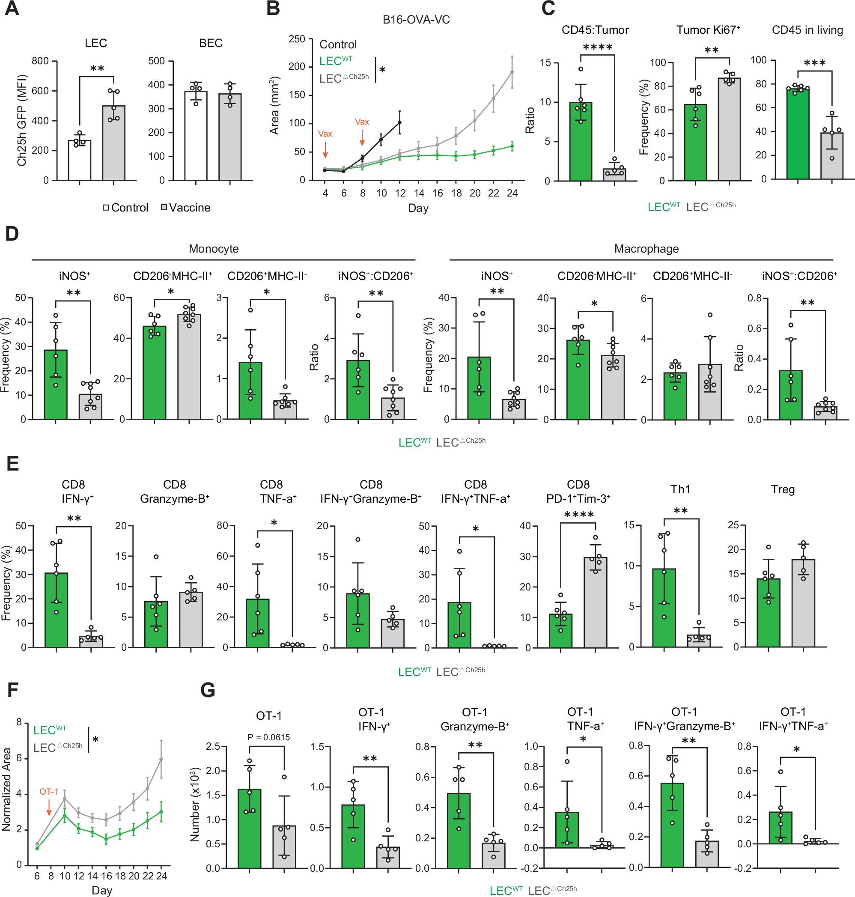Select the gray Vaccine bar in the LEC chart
(x=113, y=143)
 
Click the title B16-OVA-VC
(x=416, y=20)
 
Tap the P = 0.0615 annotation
(x=268, y=737)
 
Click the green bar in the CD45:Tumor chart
(x=580, y=142)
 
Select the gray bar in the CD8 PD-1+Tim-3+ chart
(x=595, y=602)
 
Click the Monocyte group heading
(x=213, y=248)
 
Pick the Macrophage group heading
(x=646, y=248)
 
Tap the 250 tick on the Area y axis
(x=297, y=39)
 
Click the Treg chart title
(x=782, y=489)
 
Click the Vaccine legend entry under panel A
(x=186, y=208)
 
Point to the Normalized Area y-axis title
(x=6, y=789)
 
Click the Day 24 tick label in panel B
(x=512, y=193)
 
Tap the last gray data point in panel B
(x=512, y=72)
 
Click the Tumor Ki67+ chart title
(x=707, y=30)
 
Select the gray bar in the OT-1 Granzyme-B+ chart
(x=494, y=855)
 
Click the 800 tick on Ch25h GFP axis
(x=40, y=61)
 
